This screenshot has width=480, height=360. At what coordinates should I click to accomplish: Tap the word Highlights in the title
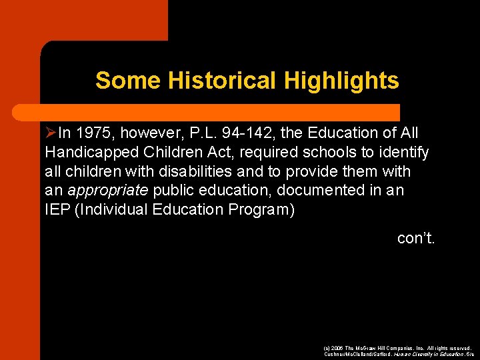click(x=341, y=81)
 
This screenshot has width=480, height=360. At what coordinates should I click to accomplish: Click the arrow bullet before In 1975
click(x=51, y=133)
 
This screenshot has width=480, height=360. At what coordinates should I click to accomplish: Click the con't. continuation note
click(x=416, y=238)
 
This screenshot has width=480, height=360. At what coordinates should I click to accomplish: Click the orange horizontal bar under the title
click(x=220, y=111)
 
